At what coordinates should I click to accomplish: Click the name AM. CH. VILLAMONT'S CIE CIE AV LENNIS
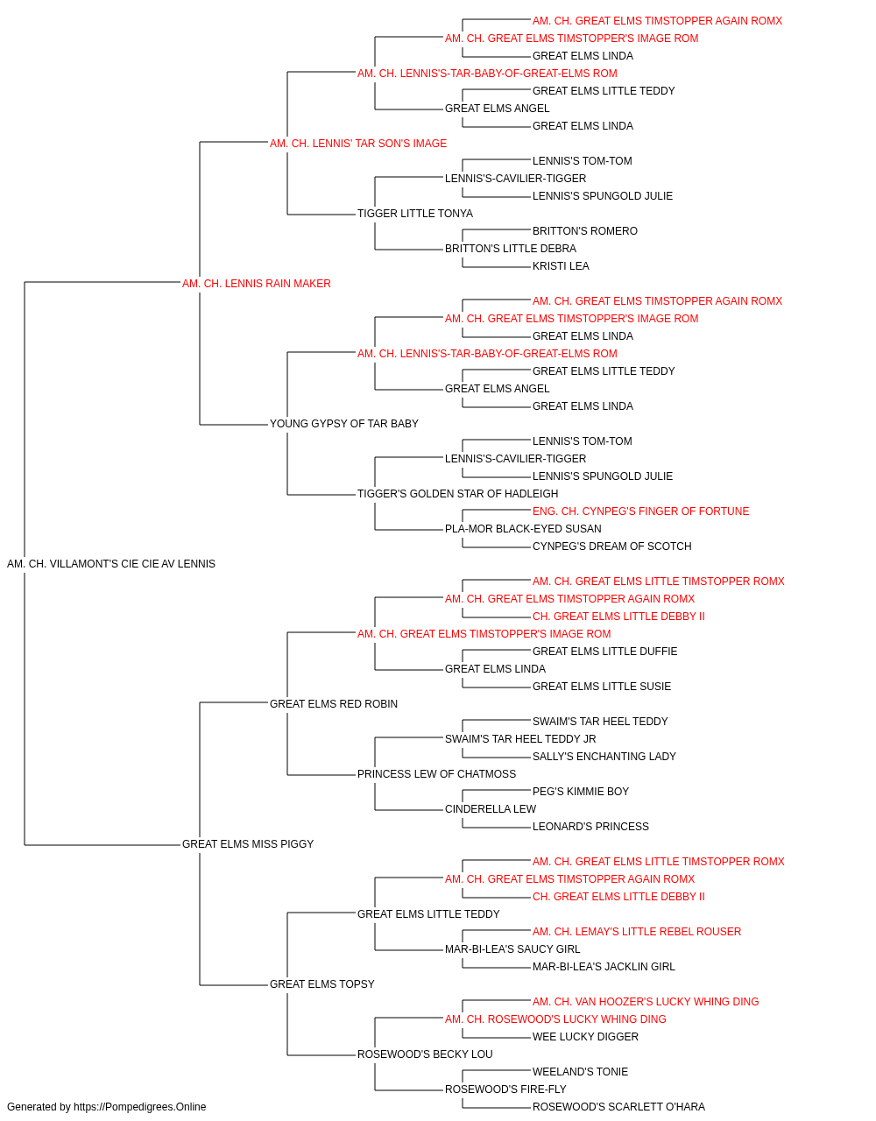[111, 564]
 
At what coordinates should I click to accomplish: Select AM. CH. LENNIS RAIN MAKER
[257, 284]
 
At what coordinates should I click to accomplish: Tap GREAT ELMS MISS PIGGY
[248, 844]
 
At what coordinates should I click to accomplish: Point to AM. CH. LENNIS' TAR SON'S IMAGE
[358, 144]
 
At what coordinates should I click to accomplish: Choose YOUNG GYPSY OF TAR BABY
[344, 424]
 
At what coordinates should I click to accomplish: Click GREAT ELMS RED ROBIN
[334, 703]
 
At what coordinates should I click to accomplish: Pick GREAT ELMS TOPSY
[321, 984]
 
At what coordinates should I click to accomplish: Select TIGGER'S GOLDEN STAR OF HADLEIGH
[457, 494]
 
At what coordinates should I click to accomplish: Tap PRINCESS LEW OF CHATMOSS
[436, 774]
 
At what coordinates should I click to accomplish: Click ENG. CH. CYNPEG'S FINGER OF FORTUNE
[640, 511]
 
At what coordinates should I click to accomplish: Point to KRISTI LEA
[561, 266]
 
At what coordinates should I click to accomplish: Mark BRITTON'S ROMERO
[585, 231]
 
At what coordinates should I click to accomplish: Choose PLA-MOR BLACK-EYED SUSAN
[523, 529]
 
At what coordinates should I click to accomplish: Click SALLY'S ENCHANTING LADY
[604, 757]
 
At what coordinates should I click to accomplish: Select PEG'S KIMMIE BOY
[581, 792]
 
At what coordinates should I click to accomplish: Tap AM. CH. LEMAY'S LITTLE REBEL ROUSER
[637, 931]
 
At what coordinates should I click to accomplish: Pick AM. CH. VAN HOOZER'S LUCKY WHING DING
[646, 1001]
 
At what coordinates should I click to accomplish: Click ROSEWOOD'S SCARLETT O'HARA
[618, 1107]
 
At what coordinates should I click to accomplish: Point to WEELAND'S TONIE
[581, 1071]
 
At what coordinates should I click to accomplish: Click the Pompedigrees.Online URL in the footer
[140, 1107]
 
